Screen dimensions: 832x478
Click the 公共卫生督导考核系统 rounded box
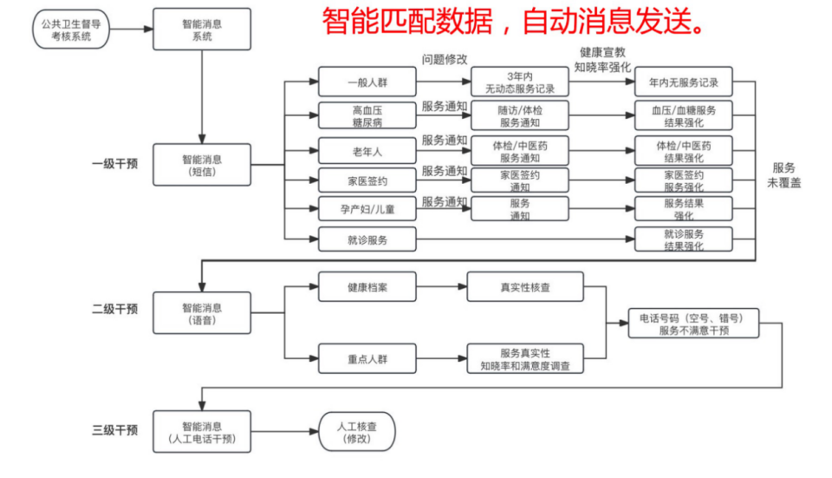[71, 29]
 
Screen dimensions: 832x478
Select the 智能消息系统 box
[202, 29]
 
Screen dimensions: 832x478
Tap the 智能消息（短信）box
[202, 165]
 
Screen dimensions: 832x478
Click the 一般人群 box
[367, 82]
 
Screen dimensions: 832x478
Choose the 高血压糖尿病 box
[367, 115]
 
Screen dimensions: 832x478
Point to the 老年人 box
[367, 151]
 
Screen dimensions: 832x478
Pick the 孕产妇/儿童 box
[367, 209]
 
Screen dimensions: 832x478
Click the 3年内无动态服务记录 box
[520, 82]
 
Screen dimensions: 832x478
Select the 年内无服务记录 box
[684, 82]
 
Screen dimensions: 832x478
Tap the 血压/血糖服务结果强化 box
[684, 115]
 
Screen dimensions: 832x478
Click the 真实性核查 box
[525, 287]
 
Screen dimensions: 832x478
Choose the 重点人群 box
[367, 358]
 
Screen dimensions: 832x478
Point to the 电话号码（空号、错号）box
[693, 323]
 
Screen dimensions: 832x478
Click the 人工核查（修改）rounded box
[357, 432]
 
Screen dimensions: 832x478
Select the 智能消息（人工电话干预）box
[202, 432]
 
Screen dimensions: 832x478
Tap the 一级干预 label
[114, 164]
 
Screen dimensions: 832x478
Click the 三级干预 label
[114, 429]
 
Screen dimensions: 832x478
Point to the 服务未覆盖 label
[783, 175]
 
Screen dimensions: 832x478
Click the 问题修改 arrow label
[444, 60]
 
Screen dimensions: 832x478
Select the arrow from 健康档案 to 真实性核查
[441, 287]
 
